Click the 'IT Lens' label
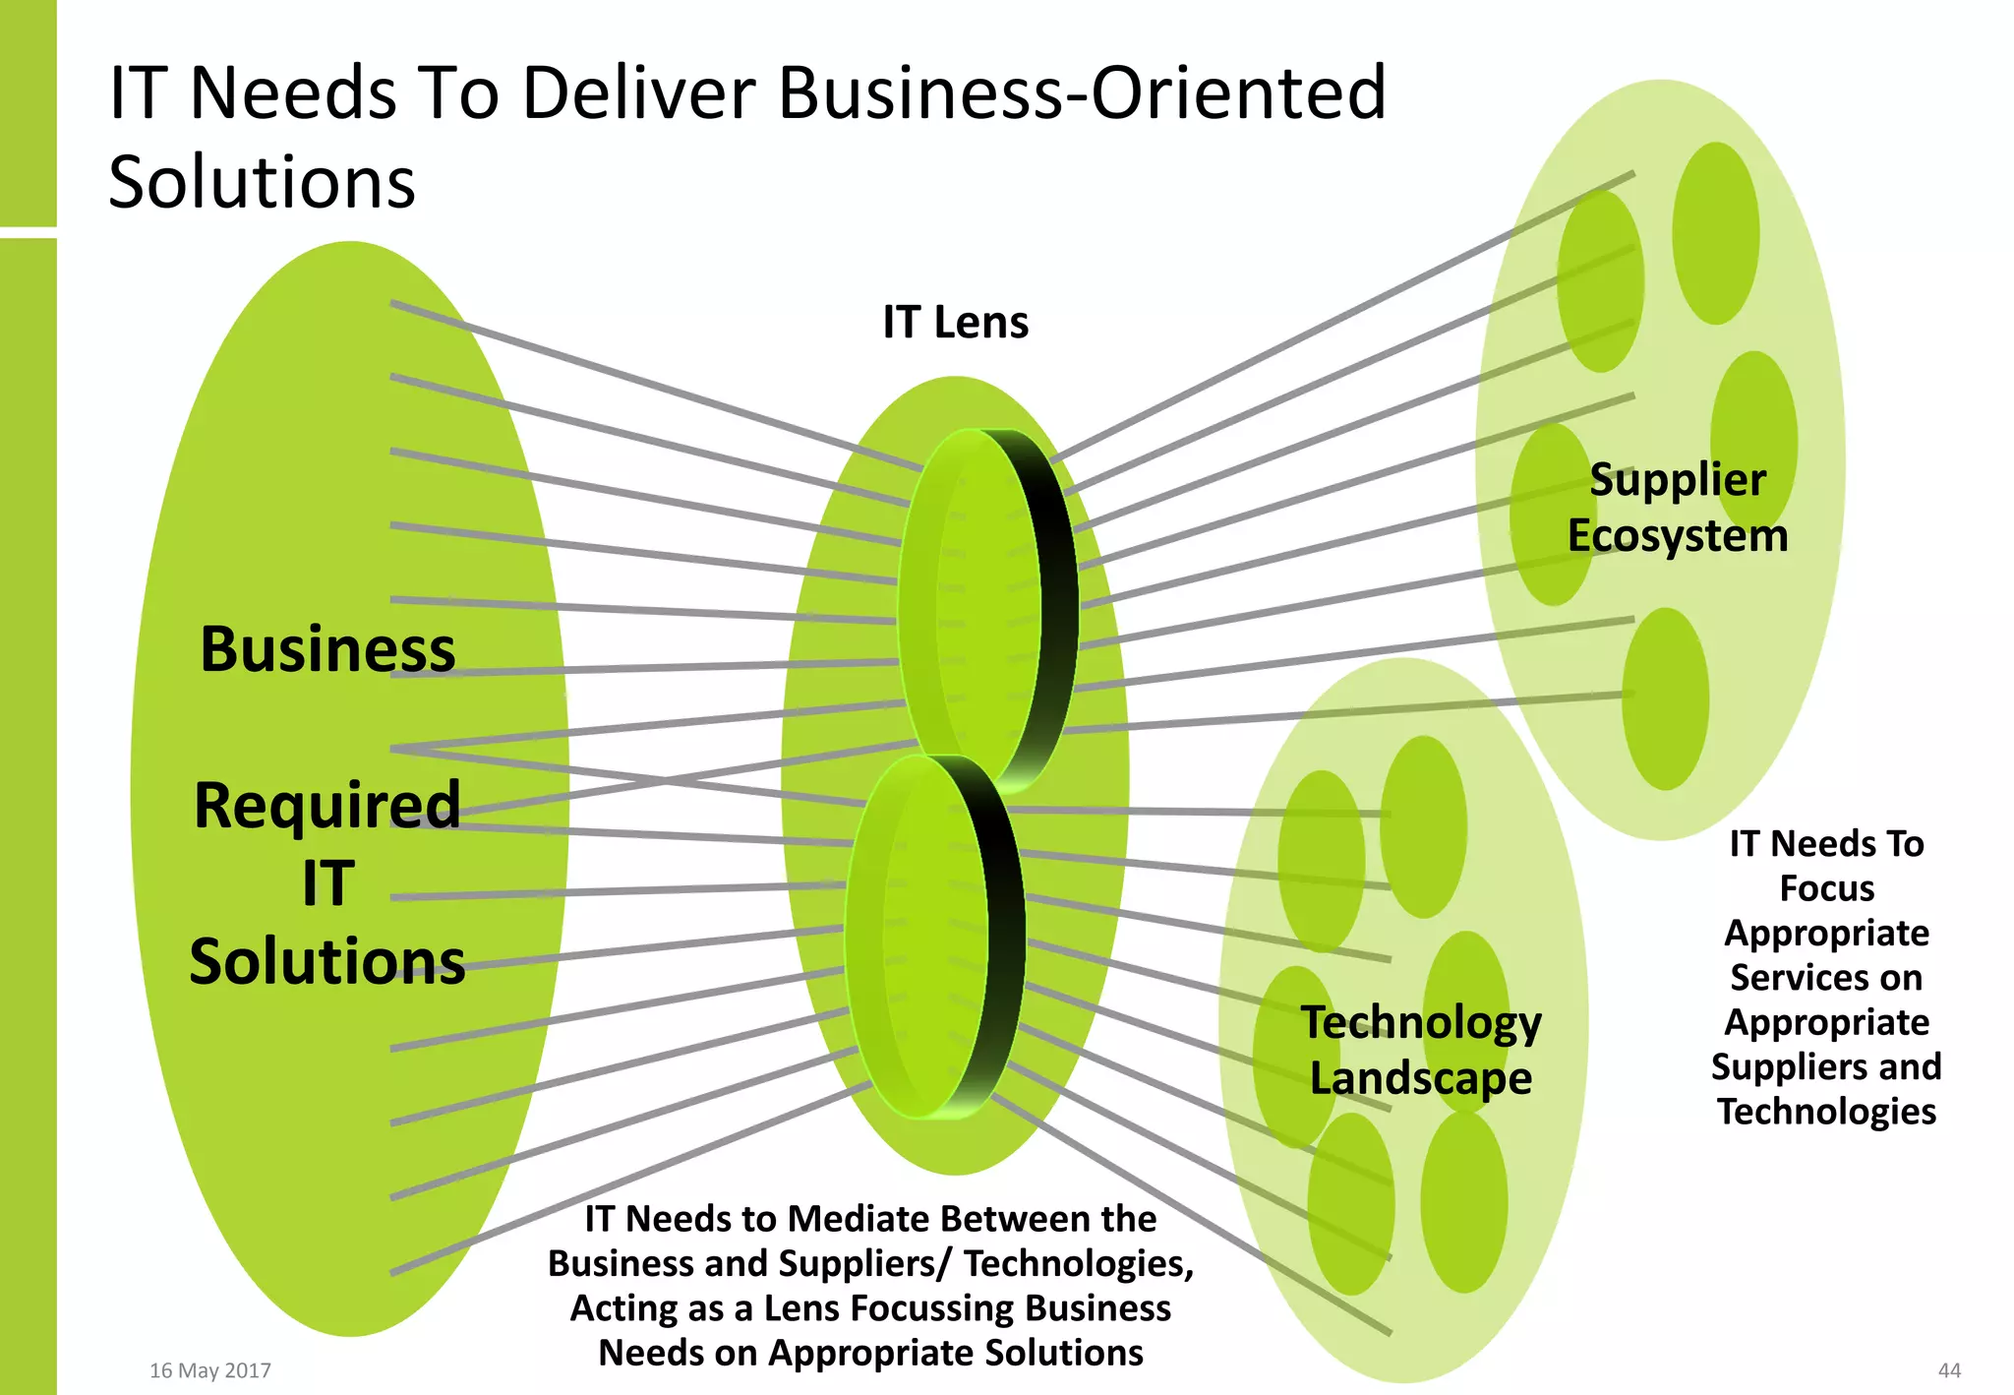coord(955,323)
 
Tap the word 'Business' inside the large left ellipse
coord(327,650)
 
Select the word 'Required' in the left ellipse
coord(327,806)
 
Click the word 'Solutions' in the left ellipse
coord(327,961)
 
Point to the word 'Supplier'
coord(1678,480)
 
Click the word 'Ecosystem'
coord(1678,536)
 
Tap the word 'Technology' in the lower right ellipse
coord(1421,1023)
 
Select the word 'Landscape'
coord(1421,1078)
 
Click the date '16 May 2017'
coord(210,1370)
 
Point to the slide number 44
coord(1949,1370)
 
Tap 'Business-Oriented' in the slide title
coord(1082,93)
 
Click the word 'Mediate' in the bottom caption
coord(846,1219)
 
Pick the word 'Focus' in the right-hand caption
coord(1827,888)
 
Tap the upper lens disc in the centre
coord(983,610)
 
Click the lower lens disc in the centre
coord(929,935)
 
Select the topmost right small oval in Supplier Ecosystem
coord(1716,233)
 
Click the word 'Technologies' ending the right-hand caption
coord(1827,1112)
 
